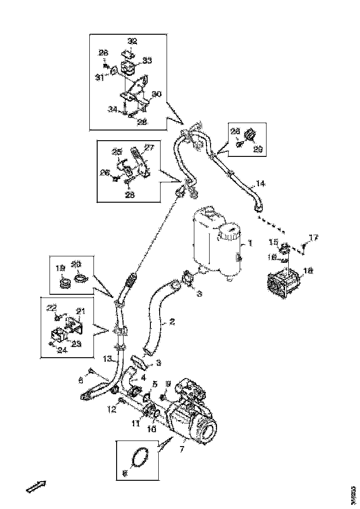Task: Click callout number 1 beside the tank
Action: click(250, 242)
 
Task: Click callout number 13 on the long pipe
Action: click(108, 358)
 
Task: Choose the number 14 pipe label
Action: click(261, 184)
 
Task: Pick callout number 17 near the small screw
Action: click(314, 238)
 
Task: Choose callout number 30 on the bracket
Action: click(157, 94)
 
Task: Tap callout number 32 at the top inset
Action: click(132, 41)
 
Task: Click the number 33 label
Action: click(147, 60)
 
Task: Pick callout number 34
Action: click(112, 109)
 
